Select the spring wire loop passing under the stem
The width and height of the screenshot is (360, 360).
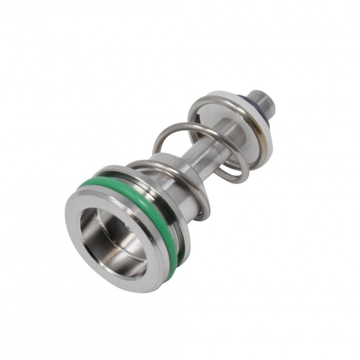tap(230, 177)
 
